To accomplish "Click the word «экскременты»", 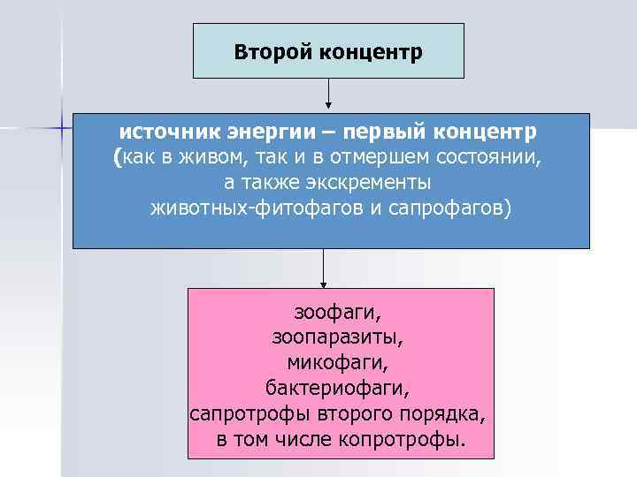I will (x=355, y=183).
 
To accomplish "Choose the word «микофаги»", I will (x=337, y=362).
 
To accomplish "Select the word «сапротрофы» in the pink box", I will (x=242, y=413).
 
